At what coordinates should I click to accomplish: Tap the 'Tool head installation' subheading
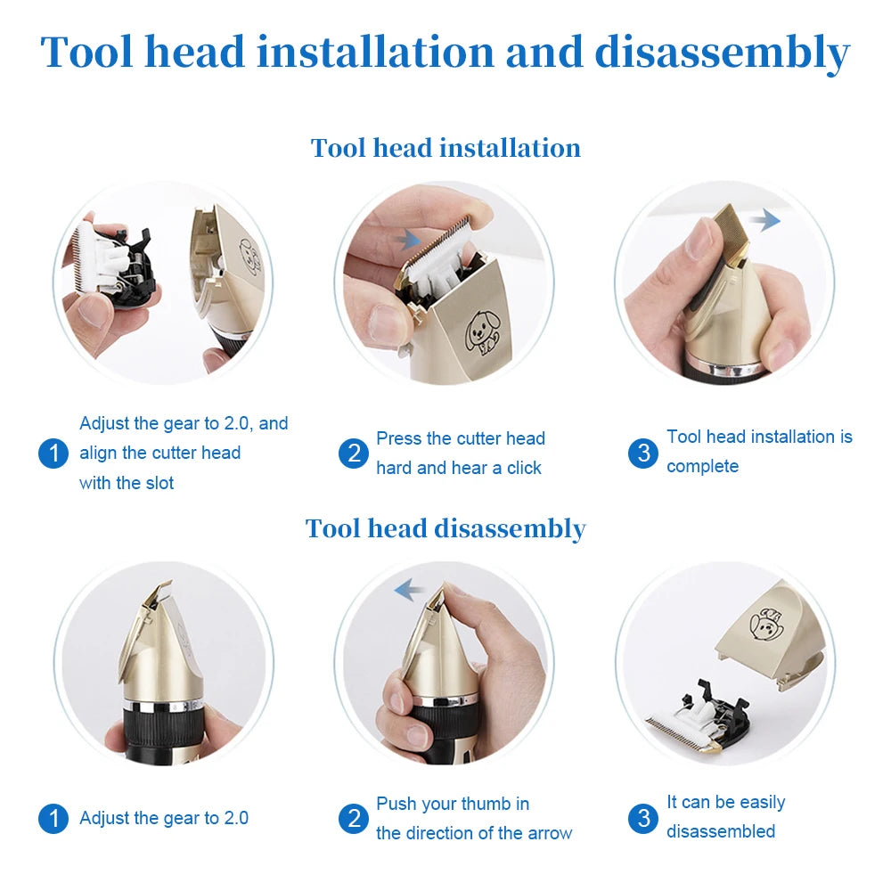point(445,148)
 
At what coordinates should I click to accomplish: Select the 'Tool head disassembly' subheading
point(445,528)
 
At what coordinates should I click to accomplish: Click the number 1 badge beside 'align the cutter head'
point(53,454)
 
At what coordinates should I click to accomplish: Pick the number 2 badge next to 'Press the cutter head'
point(354,454)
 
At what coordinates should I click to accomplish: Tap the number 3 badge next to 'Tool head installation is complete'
point(643,453)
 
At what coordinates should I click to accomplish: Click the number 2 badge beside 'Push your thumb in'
point(354,818)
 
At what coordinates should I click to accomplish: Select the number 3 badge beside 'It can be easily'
point(643,818)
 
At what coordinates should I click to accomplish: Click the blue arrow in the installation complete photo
point(763,220)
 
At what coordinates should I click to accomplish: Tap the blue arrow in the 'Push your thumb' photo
point(409,589)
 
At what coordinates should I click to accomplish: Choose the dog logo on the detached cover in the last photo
point(765,621)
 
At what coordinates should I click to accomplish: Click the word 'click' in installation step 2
point(524,469)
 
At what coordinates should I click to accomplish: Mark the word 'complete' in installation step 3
point(702,467)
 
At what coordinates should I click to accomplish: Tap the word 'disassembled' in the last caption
point(721,832)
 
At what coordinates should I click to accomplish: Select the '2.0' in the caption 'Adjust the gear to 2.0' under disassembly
point(236,818)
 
